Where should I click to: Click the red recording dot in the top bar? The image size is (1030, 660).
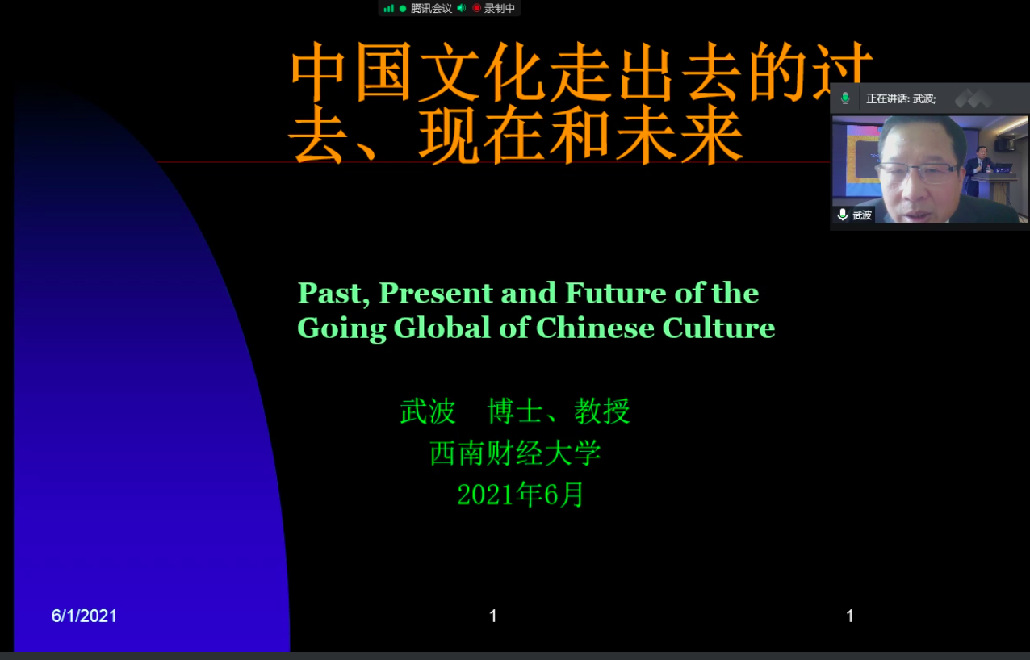(x=477, y=8)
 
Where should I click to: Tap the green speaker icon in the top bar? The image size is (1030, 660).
(x=462, y=8)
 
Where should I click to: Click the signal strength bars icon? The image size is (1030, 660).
(x=389, y=8)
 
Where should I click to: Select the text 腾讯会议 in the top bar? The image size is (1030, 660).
(x=431, y=8)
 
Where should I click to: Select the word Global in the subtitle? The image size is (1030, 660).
(x=442, y=328)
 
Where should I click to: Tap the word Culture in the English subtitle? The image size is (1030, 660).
(x=718, y=328)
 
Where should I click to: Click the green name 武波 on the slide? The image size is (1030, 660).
(x=428, y=411)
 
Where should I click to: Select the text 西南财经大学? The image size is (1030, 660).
(x=516, y=453)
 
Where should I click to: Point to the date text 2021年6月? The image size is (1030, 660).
(x=521, y=495)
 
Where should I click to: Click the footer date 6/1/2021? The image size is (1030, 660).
(x=84, y=616)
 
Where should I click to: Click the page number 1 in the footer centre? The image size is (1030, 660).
(x=493, y=616)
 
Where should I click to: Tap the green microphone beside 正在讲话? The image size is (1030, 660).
(x=845, y=98)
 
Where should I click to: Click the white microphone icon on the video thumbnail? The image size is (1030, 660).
(x=843, y=215)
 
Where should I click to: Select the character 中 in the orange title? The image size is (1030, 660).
(x=318, y=72)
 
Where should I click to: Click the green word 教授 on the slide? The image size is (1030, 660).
(x=602, y=411)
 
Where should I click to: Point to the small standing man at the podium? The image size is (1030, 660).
(x=978, y=171)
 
